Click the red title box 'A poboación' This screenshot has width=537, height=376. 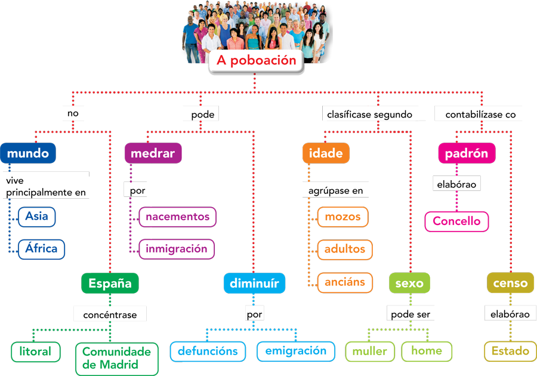pyautogui.click(x=256, y=60)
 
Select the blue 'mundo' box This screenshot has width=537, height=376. pyautogui.click(x=28, y=153)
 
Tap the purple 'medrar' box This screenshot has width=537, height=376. pyautogui.click(x=152, y=153)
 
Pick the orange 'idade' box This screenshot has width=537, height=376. pyautogui.click(x=326, y=153)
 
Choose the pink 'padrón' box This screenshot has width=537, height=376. pyautogui.click(x=467, y=153)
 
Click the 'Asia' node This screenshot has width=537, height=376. pyautogui.click(x=36, y=217)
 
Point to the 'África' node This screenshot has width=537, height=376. pyautogui.click(x=41, y=248)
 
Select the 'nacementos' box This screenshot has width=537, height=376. pyautogui.click(x=177, y=217)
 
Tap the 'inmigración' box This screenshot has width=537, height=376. pyautogui.click(x=177, y=248)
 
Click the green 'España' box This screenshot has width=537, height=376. pyautogui.click(x=110, y=283)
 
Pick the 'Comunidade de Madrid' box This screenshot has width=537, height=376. pyautogui.click(x=116, y=357)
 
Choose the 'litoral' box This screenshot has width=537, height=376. pyautogui.click(x=35, y=352)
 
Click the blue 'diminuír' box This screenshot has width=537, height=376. pyautogui.click(x=254, y=283)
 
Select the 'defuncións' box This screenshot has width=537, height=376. pyautogui.click(x=208, y=351)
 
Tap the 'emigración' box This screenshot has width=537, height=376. pyautogui.click(x=296, y=351)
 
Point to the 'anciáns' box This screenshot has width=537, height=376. pyautogui.click(x=345, y=282)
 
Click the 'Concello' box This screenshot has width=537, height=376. pyautogui.click(x=456, y=221)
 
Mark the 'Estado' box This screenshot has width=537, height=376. pyautogui.click(x=510, y=351)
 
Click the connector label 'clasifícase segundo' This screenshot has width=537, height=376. pyautogui.click(x=369, y=114)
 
